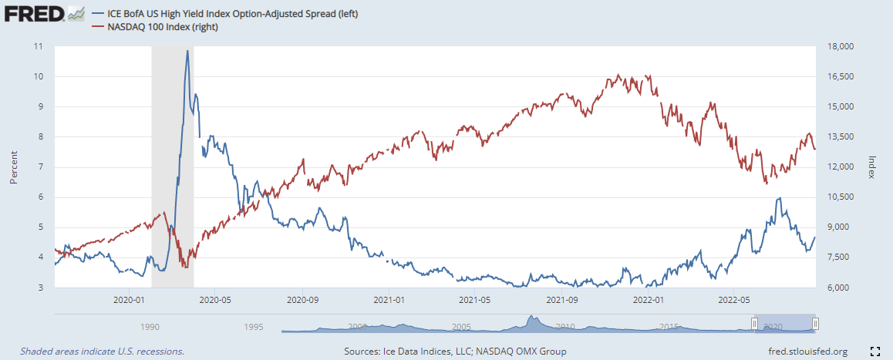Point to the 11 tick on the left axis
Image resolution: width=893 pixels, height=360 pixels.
pos(38,46)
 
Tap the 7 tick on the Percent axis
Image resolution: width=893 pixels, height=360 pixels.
pos(40,167)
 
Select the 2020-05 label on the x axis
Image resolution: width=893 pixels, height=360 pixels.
pos(215,298)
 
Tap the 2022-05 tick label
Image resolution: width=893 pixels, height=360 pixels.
pos(733,298)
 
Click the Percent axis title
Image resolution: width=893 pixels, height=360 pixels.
pos(13,167)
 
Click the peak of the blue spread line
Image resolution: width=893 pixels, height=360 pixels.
pos(187,51)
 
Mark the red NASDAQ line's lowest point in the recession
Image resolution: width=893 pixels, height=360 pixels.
pos(185,267)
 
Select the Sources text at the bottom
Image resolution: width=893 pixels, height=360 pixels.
pos(455,352)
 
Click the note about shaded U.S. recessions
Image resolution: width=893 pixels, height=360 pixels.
pos(103,352)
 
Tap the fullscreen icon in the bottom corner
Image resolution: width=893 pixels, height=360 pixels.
pos(875,352)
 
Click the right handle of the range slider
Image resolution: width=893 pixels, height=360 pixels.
pos(815,324)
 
